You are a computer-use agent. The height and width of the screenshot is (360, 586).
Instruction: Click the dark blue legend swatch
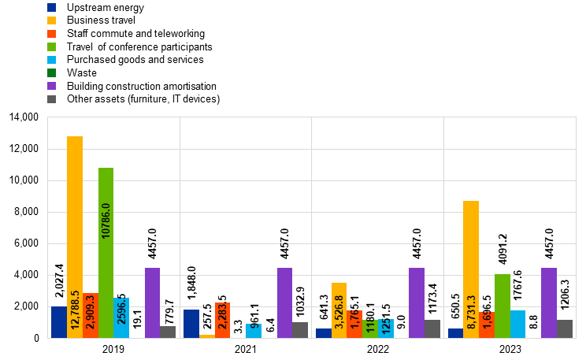coord(51,7)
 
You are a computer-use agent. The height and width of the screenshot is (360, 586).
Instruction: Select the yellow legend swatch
coord(51,20)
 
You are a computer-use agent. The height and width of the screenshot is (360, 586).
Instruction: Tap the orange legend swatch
coord(51,34)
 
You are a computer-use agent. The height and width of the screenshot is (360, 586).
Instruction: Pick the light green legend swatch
coord(51,46)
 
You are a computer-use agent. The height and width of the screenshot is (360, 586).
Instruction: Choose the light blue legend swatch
coord(51,60)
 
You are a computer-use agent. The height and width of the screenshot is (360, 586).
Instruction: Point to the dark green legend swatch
coord(51,72)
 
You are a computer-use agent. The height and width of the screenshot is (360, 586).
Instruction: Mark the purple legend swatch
coord(51,86)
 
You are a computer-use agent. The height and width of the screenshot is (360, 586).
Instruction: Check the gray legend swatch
coord(51,99)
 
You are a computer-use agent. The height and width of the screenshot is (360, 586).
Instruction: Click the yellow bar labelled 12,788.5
coord(75,236)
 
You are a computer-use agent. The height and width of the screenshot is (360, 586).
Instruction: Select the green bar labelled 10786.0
coord(106,252)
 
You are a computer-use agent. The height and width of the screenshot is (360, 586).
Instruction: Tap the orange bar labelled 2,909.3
coord(90,315)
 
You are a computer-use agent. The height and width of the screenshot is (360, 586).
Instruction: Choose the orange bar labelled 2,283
coord(222,320)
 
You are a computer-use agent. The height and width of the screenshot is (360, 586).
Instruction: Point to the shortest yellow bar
coord(207,336)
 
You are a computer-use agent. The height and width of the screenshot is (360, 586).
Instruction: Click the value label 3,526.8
coord(339,312)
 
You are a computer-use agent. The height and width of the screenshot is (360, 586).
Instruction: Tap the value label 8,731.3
coord(472,312)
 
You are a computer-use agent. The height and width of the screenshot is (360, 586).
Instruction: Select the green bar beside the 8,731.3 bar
coord(503,306)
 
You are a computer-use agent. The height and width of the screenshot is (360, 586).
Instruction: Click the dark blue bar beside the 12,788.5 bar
coord(59,322)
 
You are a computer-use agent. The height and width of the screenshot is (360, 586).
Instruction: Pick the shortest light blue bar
coord(254,331)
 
